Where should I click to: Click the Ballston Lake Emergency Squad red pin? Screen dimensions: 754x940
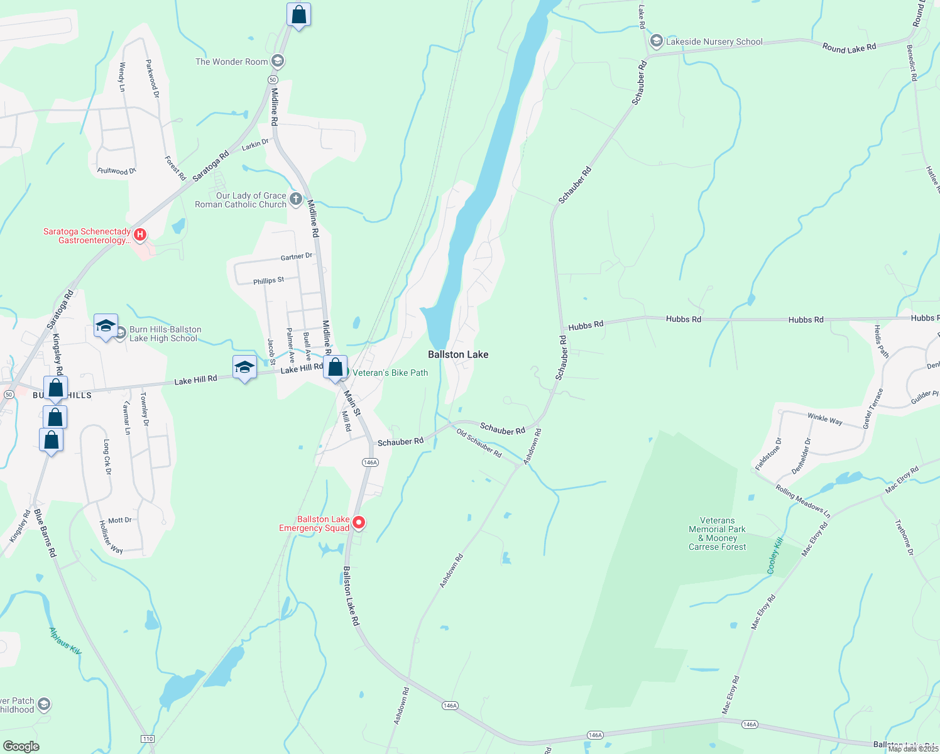pyautogui.click(x=359, y=523)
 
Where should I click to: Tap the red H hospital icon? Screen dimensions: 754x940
pyautogui.click(x=140, y=235)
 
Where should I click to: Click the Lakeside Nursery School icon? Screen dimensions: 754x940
pyautogui.click(x=657, y=41)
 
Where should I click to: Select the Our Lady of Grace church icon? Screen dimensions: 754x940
pyautogui.click(x=296, y=200)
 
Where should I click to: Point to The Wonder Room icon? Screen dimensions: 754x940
pyautogui.click(x=278, y=61)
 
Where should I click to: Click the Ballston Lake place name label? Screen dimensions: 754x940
pyautogui.click(x=458, y=354)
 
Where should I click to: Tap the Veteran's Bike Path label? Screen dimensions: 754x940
pyautogui.click(x=390, y=373)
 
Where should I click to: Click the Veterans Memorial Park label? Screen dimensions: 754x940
pyautogui.click(x=718, y=533)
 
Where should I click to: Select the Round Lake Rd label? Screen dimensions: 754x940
pyautogui.click(x=849, y=48)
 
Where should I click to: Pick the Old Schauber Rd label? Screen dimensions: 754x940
pyautogui.click(x=479, y=443)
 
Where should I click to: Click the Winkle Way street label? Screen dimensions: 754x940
pyautogui.click(x=824, y=418)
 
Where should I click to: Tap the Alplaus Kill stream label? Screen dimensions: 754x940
pyautogui.click(x=65, y=641)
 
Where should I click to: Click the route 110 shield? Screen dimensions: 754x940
pyautogui.click(x=146, y=738)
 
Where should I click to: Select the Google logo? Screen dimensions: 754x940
pyautogui.click(x=21, y=746)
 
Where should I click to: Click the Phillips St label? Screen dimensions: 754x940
pyautogui.click(x=268, y=281)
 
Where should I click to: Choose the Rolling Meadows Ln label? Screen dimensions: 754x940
pyautogui.click(x=802, y=501)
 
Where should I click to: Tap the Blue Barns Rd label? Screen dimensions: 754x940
pyautogui.click(x=45, y=533)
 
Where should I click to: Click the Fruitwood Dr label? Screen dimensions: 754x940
pyautogui.click(x=117, y=171)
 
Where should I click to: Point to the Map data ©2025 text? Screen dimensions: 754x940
pyautogui.click(x=912, y=748)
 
